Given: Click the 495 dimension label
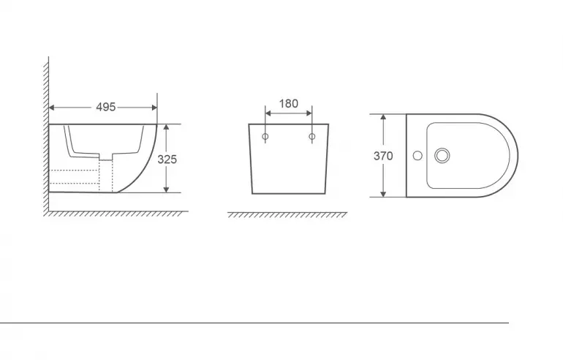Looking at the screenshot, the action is click(106, 107).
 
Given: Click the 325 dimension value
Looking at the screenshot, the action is click(167, 160).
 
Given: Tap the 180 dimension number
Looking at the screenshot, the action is click(289, 104).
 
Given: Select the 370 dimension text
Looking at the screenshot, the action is click(383, 156).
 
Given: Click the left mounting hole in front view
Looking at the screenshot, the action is click(265, 137).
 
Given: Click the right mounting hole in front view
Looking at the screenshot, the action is click(312, 137).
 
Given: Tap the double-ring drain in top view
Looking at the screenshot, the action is click(442, 156).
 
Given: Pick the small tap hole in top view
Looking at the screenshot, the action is click(417, 156).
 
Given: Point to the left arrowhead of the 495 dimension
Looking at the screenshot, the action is click(52, 108).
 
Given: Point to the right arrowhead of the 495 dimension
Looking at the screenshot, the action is click(154, 108).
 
